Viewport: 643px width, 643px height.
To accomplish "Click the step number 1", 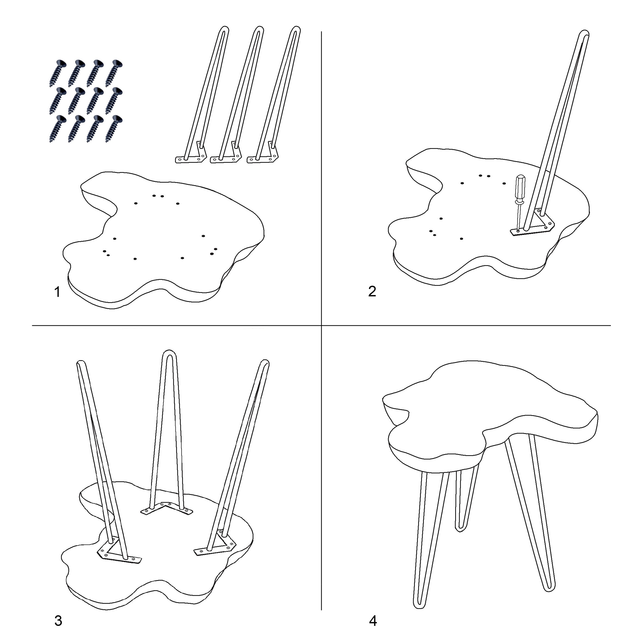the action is tap(57, 292).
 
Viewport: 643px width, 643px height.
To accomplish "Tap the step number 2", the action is tap(372, 291).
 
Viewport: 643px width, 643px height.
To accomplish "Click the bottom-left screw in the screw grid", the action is tap(58, 129).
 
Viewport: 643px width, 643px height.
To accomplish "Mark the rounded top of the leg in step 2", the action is tap(584, 33).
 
